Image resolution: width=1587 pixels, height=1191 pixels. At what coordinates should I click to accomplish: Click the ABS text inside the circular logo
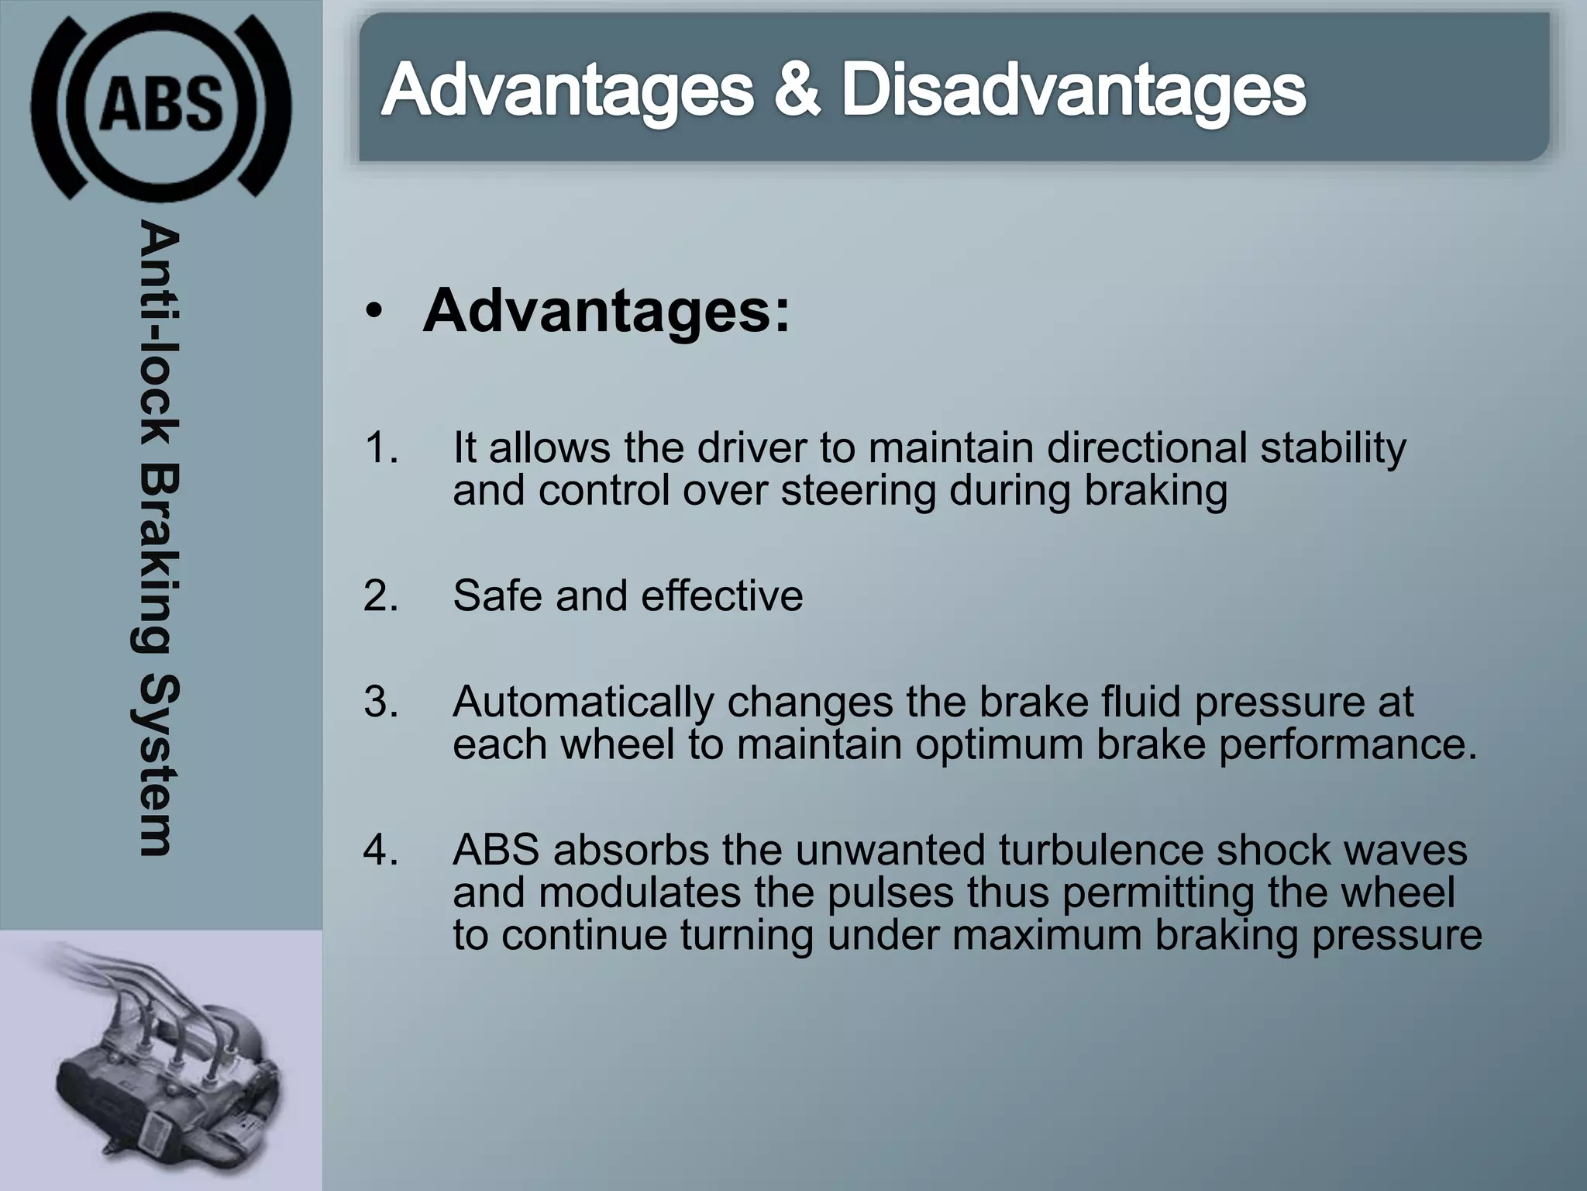[x=161, y=105]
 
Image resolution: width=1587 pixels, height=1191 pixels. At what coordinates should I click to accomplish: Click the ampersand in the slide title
[x=798, y=91]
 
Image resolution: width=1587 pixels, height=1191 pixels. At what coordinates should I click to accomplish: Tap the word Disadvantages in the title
[x=1074, y=91]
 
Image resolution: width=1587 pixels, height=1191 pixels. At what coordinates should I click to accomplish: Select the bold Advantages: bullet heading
[x=606, y=312]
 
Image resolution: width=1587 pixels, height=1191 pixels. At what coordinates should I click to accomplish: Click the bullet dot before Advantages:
[x=375, y=313]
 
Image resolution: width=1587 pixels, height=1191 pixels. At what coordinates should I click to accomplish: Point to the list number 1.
[x=381, y=448]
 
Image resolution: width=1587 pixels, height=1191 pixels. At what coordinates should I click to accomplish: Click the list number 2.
[x=381, y=596]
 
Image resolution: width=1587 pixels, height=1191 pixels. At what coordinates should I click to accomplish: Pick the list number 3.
[x=381, y=702]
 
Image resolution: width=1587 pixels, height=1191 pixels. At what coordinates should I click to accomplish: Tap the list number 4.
[x=381, y=850]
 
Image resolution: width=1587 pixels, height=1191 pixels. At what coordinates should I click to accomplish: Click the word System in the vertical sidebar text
[x=160, y=765]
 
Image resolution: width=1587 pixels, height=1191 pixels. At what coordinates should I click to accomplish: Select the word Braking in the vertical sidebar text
[x=160, y=558]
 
